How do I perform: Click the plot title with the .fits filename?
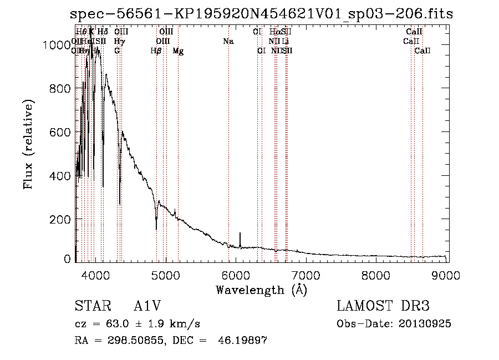click(x=262, y=14)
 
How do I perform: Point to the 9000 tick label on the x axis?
click(x=447, y=275)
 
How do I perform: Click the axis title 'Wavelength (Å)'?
click(x=261, y=289)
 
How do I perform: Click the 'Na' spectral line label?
click(x=228, y=42)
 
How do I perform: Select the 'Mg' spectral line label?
click(x=178, y=51)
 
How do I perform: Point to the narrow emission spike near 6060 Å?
click(x=240, y=235)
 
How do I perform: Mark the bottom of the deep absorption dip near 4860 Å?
click(x=156, y=229)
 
